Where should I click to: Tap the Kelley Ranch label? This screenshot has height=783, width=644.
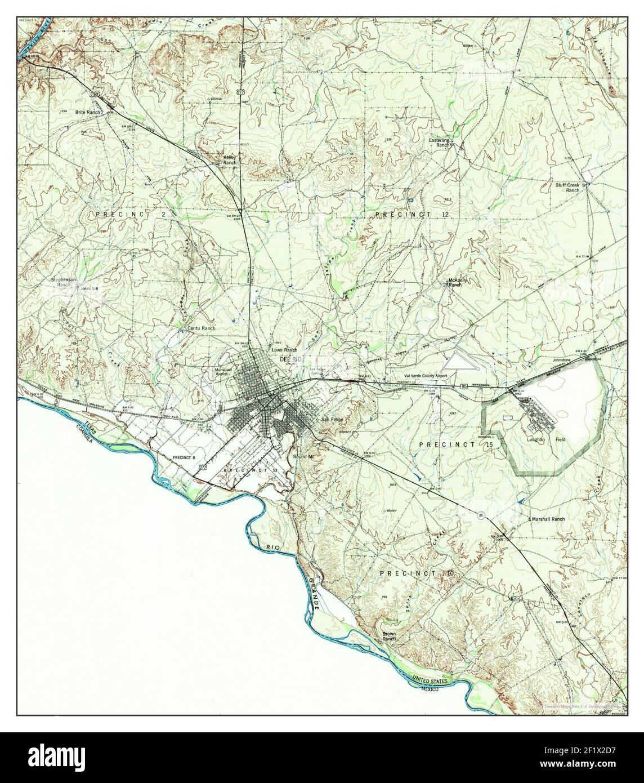230,159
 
